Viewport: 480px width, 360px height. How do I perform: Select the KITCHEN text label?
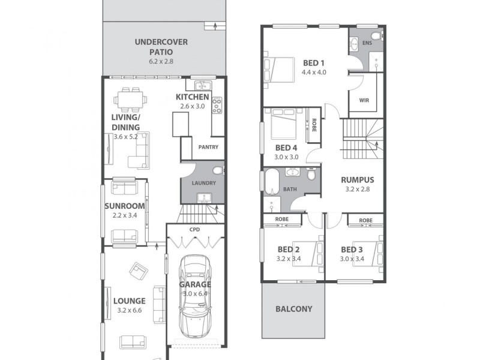tap(192, 97)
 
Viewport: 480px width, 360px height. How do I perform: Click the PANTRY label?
tap(208, 147)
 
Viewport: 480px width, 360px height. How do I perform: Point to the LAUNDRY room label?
tap(203, 184)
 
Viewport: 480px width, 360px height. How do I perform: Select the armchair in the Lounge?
tap(139, 272)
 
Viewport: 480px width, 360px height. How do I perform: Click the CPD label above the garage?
tap(194, 229)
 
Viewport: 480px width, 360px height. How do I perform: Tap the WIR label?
tap(364, 101)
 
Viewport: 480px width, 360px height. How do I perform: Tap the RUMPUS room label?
tap(357, 179)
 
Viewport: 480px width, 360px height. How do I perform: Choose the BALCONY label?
tap(293, 309)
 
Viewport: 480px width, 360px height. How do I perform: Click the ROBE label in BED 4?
tap(314, 125)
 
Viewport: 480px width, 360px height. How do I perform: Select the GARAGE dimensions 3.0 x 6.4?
tap(195, 294)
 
